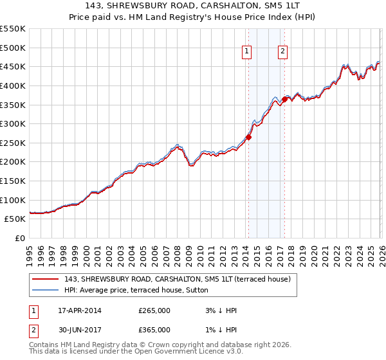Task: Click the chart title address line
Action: coord(193,6)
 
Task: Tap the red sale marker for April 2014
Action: coord(248,137)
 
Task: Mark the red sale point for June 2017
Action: coord(284,99)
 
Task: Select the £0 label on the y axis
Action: coord(20,238)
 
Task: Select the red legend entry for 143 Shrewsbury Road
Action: coord(177,279)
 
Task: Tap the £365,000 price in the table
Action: coord(154,330)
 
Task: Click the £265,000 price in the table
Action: coord(154,310)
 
